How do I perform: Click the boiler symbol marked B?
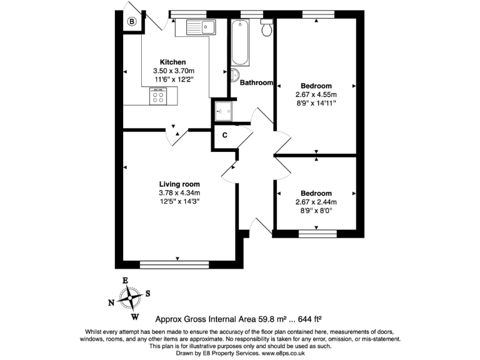(x=132, y=22)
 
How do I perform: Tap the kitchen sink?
(x=200, y=26)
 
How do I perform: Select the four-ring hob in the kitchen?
(x=158, y=96)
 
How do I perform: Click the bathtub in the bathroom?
(x=241, y=43)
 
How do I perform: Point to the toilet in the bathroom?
(x=267, y=27)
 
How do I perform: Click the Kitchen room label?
(x=172, y=62)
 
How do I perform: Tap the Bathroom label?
(x=257, y=82)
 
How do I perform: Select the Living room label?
(x=179, y=184)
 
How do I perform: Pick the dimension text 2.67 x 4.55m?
(x=316, y=94)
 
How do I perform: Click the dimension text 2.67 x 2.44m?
(x=316, y=202)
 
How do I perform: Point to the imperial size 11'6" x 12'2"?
(x=173, y=79)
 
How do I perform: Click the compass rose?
(x=130, y=298)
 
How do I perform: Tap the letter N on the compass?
(x=111, y=303)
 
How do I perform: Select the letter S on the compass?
(x=147, y=292)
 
